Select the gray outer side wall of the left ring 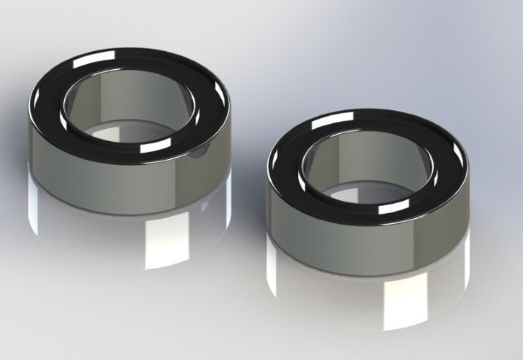coord(86,173)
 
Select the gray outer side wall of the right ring coord(324,223)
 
